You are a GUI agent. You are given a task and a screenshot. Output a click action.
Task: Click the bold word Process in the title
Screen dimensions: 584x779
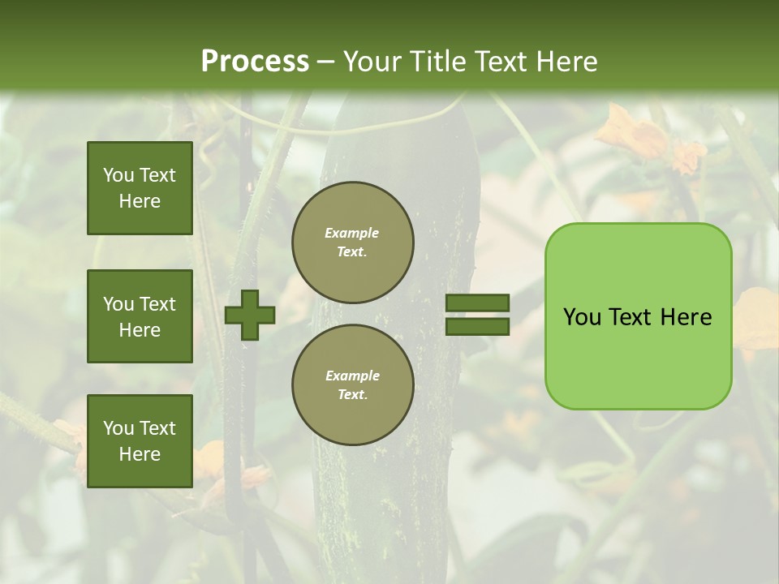click(255, 62)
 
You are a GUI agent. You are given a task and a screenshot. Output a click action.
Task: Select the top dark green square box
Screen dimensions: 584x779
click(140, 188)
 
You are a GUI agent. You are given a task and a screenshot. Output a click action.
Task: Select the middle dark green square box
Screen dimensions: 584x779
click(140, 316)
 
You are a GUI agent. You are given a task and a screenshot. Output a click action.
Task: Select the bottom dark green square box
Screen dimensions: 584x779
click(140, 441)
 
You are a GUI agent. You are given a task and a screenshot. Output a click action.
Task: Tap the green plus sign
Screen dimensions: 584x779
click(250, 315)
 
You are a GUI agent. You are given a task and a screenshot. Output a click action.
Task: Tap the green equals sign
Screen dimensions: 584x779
click(477, 315)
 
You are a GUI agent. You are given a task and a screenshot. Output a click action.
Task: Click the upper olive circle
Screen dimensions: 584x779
click(353, 243)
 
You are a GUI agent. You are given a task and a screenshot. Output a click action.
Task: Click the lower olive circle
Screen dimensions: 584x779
click(353, 385)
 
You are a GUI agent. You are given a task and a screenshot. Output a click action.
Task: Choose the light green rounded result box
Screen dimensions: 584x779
click(638, 316)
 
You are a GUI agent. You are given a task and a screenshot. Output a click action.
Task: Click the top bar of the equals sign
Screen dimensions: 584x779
click(477, 303)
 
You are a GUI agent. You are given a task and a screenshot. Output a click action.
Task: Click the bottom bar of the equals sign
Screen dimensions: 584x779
click(477, 327)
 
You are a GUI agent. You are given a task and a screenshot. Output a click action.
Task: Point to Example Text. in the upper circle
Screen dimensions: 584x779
click(352, 243)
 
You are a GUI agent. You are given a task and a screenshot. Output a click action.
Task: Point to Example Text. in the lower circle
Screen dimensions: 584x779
click(352, 385)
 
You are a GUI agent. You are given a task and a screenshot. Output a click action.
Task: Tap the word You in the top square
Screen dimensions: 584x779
click(118, 175)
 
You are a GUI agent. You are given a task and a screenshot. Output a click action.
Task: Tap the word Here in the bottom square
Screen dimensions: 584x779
click(140, 454)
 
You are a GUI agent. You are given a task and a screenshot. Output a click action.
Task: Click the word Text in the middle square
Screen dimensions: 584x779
click(157, 304)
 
